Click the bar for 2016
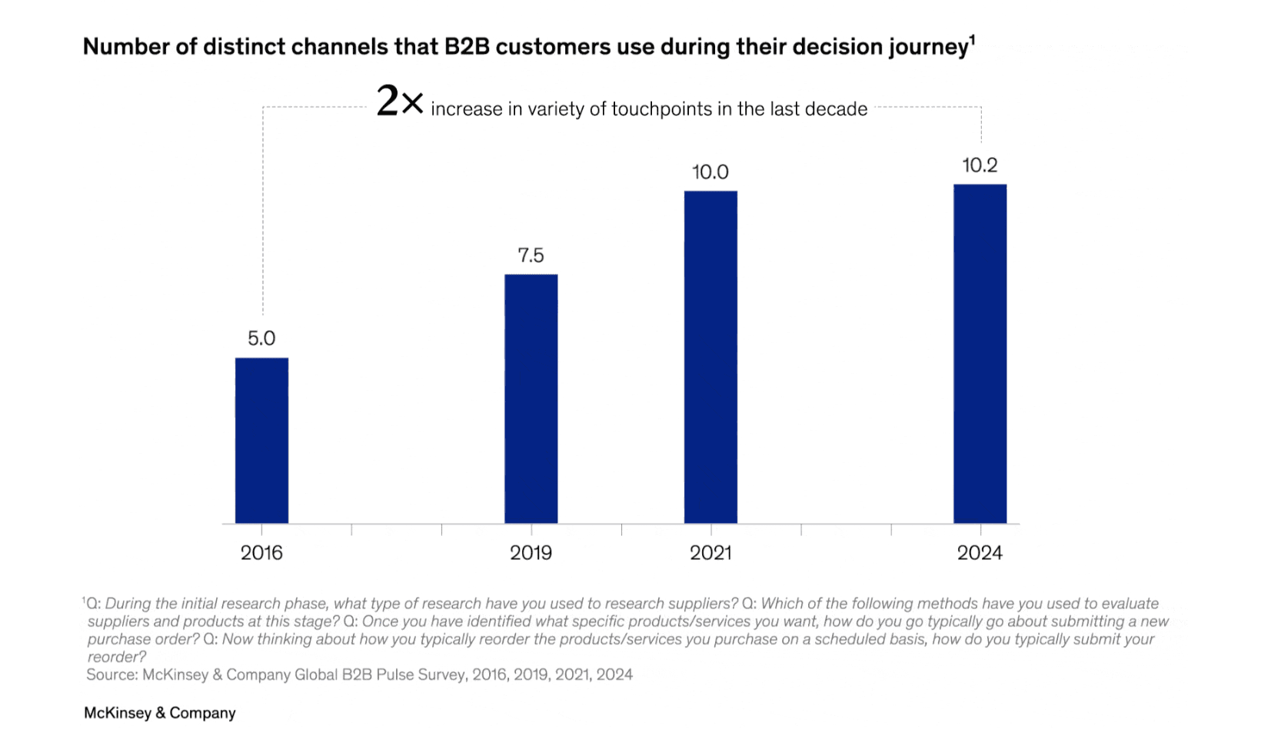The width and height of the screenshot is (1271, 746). [x=261, y=441]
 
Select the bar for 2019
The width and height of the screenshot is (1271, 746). [x=531, y=398]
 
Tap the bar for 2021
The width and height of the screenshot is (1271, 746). [x=710, y=357]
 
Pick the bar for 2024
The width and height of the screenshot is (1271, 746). [x=980, y=354]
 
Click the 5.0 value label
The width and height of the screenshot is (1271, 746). [x=261, y=338]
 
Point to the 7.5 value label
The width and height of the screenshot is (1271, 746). [x=531, y=255]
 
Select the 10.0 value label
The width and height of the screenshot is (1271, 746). [x=710, y=172]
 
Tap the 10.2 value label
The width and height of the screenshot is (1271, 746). [x=980, y=165]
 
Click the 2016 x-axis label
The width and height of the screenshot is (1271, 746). [x=261, y=553]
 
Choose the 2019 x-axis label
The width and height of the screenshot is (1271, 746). [x=531, y=553]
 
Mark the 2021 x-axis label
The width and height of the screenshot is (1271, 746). [x=710, y=553]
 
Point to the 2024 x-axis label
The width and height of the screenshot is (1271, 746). [x=980, y=553]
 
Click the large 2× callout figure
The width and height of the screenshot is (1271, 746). [x=399, y=102]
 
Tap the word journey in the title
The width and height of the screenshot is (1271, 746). [x=928, y=48]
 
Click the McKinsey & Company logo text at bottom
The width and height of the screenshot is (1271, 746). [x=160, y=713]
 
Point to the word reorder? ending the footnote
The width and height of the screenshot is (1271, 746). [x=116, y=657]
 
